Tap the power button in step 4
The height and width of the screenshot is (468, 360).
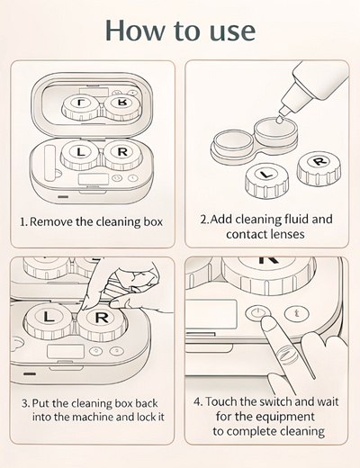tap(257, 315)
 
